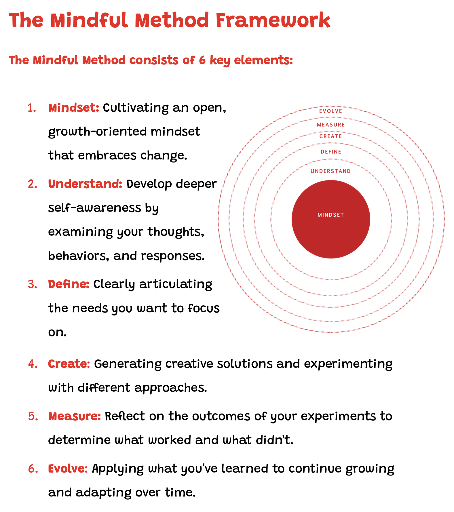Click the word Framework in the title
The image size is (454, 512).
click(273, 21)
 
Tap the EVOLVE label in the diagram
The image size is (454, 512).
click(330, 111)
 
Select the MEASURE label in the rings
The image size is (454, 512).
click(331, 125)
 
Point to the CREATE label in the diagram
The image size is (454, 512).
click(330, 136)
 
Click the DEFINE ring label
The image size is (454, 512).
click(331, 152)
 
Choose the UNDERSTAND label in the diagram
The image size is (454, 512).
click(330, 171)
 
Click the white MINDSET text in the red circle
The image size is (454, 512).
click(330, 215)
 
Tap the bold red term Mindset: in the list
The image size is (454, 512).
click(73, 108)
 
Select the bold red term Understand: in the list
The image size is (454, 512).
click(85, 184)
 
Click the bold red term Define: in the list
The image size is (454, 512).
click(69, 284)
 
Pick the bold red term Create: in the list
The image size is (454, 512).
click(69, 364)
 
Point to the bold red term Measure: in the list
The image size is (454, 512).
click(74, 416)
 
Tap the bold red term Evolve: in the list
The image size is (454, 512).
click(68, 469)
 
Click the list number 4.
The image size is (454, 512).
click(33, 364)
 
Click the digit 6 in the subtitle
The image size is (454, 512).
click(202, 60)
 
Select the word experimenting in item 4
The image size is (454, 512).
click(348, 364)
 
